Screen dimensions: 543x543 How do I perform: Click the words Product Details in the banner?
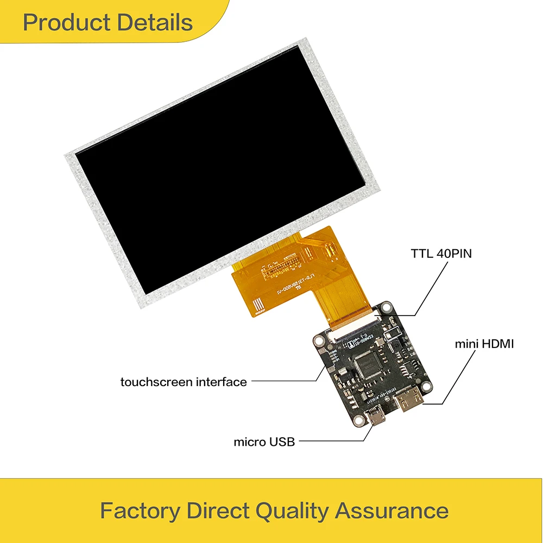(108, 23)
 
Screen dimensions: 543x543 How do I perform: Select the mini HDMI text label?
(484, 344)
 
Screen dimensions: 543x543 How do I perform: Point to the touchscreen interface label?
(184, 382)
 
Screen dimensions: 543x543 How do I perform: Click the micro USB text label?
(264, 441)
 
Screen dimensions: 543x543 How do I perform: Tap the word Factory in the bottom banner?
(140, 511)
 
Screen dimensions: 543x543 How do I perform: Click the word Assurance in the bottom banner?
(392, 511)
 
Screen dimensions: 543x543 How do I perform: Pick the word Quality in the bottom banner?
(292, 511)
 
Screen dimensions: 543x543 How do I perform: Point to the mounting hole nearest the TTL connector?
(386, 307)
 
